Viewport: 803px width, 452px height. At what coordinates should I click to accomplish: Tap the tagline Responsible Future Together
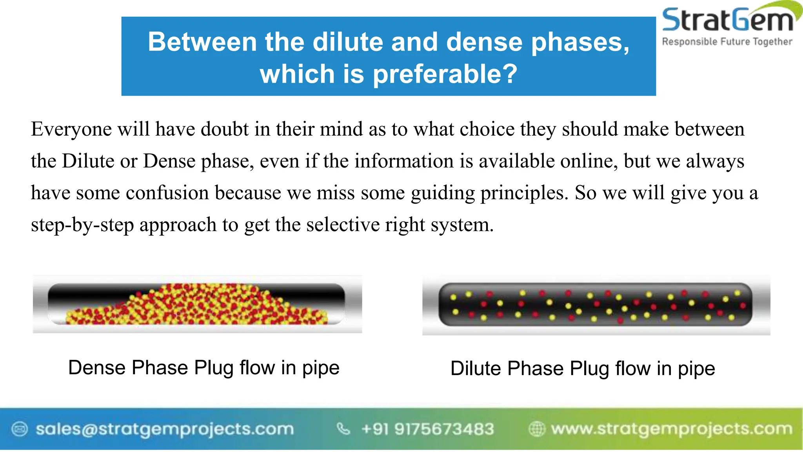[727, 42]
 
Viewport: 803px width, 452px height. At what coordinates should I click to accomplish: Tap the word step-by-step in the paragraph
[82, 225]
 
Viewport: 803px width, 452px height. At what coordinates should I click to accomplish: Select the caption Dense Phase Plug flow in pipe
[203, 368]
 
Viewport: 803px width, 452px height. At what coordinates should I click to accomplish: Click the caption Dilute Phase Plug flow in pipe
[583, 368]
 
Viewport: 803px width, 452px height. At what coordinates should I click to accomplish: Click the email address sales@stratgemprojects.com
[165, 429]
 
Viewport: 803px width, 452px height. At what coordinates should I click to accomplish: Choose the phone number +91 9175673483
[427, 429]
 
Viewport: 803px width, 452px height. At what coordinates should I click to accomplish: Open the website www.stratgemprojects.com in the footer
[671, 429]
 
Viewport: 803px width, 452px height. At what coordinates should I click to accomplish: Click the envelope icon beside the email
[20, 429]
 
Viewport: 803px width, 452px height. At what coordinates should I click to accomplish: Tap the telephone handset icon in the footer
[343, 429]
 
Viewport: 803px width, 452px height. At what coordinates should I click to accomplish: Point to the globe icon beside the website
[537, 429]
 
